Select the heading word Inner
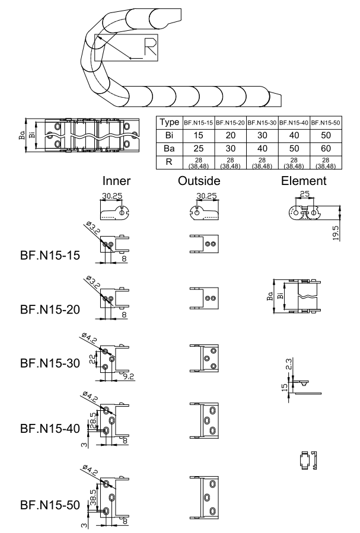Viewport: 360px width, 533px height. tap(116, 181)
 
